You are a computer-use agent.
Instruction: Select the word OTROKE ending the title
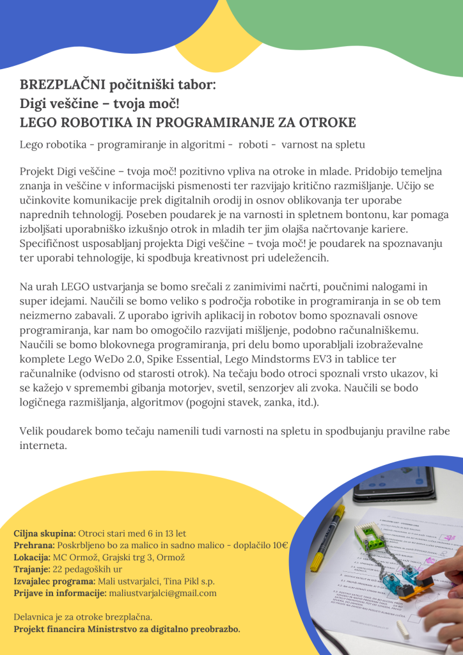327,123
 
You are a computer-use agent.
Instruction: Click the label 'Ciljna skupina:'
45,533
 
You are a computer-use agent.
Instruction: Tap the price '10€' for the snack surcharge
279,545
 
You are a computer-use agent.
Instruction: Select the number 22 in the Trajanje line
58,569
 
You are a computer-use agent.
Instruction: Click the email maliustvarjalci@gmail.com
163,593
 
